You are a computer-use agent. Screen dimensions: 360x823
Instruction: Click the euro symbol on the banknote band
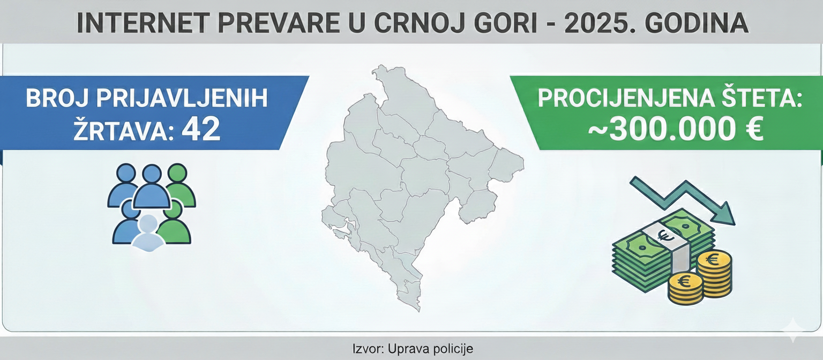(x=668, y=235)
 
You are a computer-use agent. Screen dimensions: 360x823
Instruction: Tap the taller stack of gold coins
(x=714, y=273)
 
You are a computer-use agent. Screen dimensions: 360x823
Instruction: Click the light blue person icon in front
(x=148, y=234)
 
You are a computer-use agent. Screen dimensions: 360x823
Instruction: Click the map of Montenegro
(x=418, y=182)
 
